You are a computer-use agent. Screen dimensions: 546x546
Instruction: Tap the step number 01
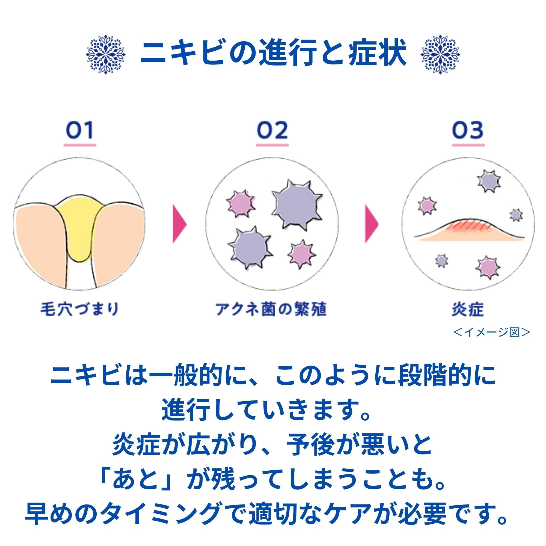click(x=80, y=130)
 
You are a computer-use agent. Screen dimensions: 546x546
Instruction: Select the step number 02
click(x=272, y=130)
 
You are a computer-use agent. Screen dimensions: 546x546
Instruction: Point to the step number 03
click(x=468, y=130)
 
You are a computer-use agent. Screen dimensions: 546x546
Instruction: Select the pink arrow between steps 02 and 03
click(x=372, y=224)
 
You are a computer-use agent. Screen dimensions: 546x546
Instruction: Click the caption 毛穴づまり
click(x=79, y=309)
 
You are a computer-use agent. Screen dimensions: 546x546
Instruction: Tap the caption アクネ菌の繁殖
click(x=271, y=309)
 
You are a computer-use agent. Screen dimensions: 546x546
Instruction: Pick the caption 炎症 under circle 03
click(x=468, y=309)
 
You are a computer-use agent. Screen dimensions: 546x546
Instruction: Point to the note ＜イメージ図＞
click(x=491, y=333)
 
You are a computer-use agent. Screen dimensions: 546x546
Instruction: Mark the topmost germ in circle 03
click(x=489, y=181)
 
